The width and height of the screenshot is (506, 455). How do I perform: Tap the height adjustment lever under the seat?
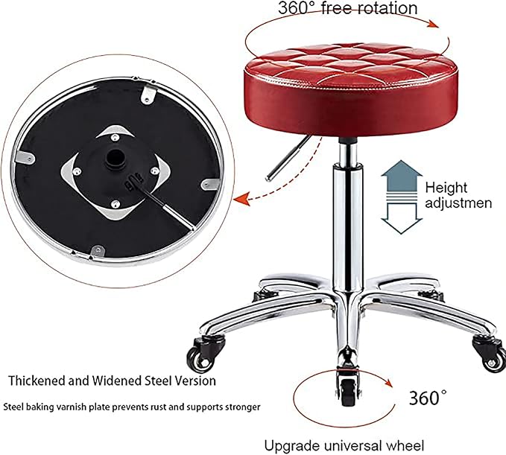288,158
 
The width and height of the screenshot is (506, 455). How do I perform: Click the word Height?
446,188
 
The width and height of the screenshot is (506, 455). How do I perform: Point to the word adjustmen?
458,203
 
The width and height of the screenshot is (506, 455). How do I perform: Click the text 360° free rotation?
347,8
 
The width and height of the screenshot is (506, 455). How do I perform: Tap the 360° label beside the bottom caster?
428,398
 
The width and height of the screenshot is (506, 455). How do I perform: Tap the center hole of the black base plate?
116,157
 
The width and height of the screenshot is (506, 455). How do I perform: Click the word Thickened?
37,381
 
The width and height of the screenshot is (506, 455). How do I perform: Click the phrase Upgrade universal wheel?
344,446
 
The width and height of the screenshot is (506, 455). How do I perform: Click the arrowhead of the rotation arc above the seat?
434,24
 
